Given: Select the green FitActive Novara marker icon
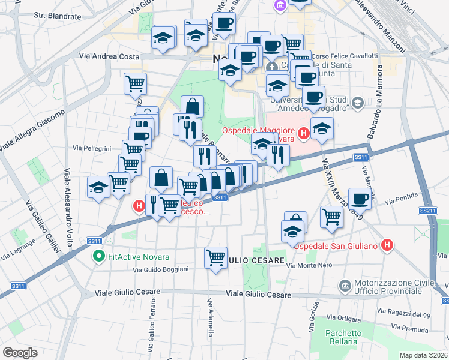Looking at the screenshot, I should [99, 257].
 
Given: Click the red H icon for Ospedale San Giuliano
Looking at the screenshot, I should [388, 245].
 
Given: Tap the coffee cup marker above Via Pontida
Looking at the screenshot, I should [360, 199].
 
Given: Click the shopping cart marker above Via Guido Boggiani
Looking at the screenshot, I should [215, 258].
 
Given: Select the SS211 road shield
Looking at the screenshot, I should [427, 211].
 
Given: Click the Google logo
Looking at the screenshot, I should [20, 352].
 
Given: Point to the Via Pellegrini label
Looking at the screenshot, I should [92, 148].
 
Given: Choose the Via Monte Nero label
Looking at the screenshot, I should [309, 266].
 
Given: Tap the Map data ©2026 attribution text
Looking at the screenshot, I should [424, 355].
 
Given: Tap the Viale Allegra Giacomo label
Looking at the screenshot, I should [32, 130].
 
